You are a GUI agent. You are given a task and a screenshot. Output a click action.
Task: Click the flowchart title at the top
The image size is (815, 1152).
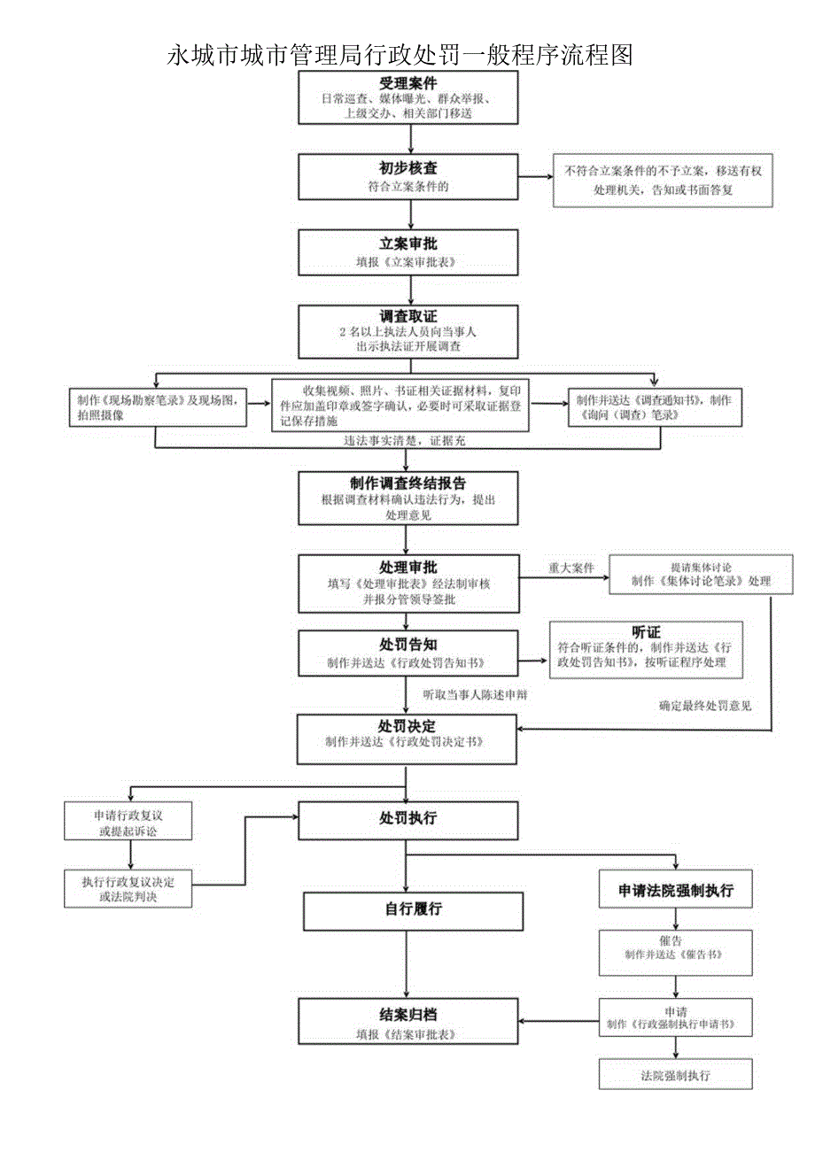[400, 55]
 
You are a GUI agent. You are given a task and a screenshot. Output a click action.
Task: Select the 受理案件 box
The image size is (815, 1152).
[408, 97]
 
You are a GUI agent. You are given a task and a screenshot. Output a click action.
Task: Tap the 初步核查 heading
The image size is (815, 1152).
[408, 167]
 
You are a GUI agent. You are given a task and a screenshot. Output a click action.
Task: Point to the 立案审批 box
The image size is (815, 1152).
[408, 252]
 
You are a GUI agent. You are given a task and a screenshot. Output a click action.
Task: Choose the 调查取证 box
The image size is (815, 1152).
[408, 330]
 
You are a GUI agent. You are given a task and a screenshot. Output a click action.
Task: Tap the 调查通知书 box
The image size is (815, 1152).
[654, 407]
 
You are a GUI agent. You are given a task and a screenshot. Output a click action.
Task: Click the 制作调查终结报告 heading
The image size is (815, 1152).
[408, 483]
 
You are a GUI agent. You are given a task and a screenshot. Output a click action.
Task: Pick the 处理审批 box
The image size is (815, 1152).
[408, 583]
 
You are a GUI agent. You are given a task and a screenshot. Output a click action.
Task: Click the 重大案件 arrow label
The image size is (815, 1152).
[570, 568]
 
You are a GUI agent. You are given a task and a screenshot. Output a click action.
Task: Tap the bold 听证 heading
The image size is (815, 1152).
[646, 631]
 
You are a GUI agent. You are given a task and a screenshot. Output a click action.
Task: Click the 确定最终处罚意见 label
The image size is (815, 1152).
[705, 706]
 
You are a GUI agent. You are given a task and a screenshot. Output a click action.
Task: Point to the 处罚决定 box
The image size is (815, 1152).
[408, 733]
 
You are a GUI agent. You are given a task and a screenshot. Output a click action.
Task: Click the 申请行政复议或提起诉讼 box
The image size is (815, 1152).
[129, 821]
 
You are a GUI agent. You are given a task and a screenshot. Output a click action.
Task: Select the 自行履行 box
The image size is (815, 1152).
[413, 909]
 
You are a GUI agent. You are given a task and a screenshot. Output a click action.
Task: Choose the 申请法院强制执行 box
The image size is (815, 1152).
[676, 890]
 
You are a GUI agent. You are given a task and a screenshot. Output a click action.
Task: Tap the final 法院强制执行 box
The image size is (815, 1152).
[676, 1075]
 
